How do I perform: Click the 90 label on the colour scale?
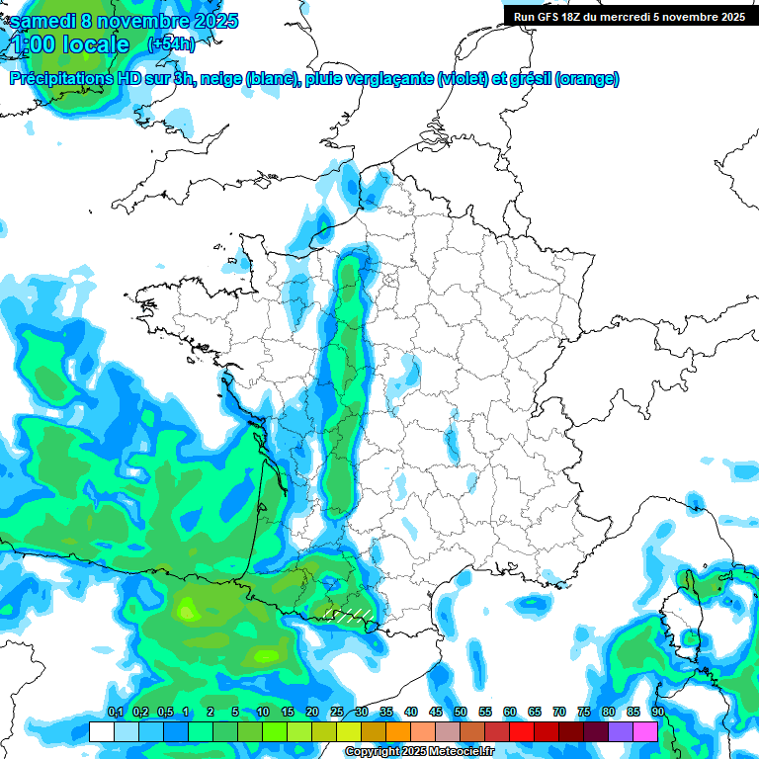click(x=658, y=713)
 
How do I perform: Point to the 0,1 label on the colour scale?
click(x=115, y=713)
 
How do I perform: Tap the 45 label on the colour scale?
click(x=436, y=713)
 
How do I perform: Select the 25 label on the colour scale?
click(x=337, y=713)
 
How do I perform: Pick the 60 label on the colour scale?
click(x=510, y=713)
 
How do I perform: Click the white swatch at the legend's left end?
click(x=101, y=731)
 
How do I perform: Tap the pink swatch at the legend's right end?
click(x=645, y=731)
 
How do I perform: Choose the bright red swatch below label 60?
click(x=522, y=731)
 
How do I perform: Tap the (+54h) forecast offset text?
click(x=171, y=44)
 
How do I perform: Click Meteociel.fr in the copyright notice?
click(x=460, y=752)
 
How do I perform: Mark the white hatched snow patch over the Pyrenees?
click(x=349, y=614)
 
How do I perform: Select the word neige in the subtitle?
click(x=220, y=79)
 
